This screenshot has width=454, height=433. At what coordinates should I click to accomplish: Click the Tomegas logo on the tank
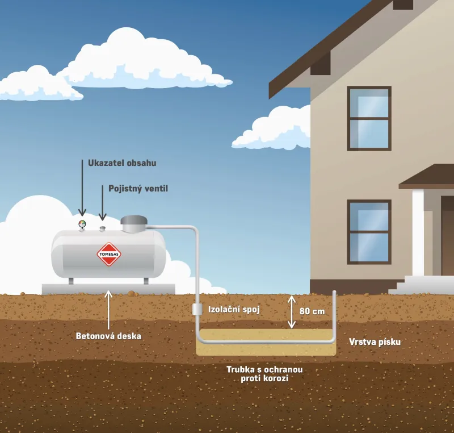108,254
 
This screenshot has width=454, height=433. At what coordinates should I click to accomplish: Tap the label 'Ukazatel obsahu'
122,163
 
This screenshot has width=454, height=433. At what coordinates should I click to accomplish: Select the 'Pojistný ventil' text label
138,188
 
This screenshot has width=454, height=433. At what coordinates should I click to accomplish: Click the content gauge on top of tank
82,224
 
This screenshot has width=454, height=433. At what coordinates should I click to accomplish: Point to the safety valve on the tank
103,228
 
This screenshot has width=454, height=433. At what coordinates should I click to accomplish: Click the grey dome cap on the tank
134,223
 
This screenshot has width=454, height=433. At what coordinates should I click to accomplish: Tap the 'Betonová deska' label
108,336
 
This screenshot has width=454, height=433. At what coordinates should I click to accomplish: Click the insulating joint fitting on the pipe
197,309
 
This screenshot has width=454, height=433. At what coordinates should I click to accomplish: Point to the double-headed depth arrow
292,311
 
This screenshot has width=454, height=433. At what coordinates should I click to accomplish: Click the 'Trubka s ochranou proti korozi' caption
264,373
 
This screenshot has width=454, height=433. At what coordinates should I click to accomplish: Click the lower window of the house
369,223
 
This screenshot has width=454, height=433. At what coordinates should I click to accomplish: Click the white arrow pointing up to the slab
108,310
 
